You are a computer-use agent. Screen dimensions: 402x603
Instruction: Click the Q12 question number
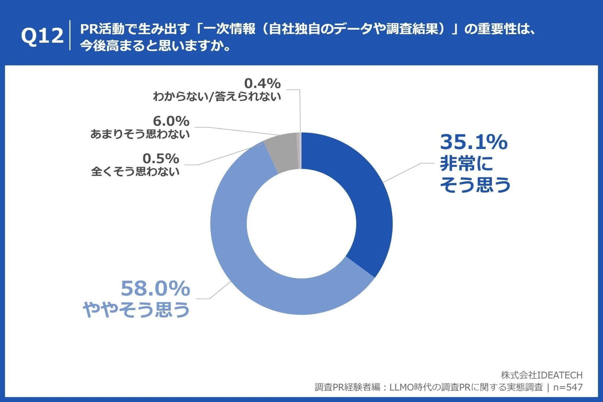tap(42, 36)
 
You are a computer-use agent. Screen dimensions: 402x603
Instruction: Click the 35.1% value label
tap(473, 142)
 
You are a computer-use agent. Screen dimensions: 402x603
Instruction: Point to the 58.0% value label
tap(155, 289)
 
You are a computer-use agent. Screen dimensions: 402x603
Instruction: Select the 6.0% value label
tap(171, 121)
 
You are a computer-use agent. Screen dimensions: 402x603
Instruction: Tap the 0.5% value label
tap(161, 159)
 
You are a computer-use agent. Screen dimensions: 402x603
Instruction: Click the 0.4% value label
tap(262, 83)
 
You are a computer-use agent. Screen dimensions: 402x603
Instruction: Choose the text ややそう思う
tap(136, 309)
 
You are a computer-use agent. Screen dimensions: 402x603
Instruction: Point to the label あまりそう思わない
tap(140, 134)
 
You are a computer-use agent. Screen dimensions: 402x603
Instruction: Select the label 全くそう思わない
tap(135, 172)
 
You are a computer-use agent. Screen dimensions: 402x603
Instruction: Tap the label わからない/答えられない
tap(217, 96)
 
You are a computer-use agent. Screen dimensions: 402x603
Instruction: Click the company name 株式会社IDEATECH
tap(541, 375)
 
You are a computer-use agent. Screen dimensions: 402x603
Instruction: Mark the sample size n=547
tap(568, 387)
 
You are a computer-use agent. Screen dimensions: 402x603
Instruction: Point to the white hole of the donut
tap(301, 224)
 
